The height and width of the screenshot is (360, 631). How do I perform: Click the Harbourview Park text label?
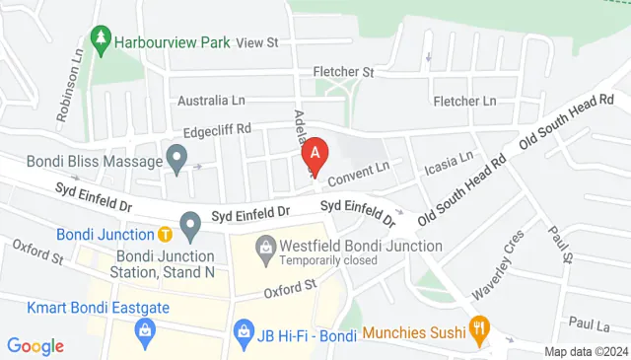173,42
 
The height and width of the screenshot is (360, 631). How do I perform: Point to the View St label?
258,42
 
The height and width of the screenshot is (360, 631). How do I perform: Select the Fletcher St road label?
344,72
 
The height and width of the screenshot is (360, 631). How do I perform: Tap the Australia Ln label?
211,101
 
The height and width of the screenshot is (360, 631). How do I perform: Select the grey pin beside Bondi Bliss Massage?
177,158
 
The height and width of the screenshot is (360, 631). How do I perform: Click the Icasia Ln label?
449,161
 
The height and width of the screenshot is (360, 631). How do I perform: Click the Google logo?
35,346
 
